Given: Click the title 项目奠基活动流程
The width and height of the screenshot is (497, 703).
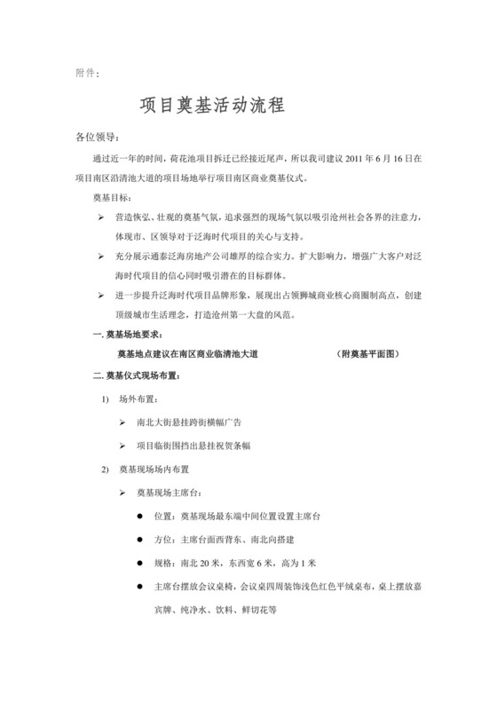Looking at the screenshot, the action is click(x=212, y=106).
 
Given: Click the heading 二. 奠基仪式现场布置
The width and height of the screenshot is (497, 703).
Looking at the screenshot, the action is click(x=141, y=374).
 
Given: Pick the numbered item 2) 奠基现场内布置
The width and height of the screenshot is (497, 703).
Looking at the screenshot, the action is click(x=150, y=470).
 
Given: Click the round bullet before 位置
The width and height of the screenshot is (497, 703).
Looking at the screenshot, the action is click(x=140, y=516).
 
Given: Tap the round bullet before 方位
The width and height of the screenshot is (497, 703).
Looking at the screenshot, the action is click(x=140, y=539).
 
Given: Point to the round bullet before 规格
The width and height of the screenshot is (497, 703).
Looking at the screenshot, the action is click(x=140, y=562).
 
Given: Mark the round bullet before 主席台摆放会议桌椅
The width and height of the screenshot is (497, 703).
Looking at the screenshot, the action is click(x=140, y=586).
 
